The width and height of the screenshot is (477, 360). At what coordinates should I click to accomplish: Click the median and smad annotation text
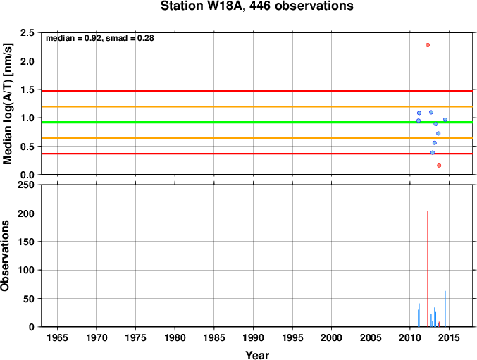click(x=100, y=38)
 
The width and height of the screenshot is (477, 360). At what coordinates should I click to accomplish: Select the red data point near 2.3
click(x=428, y=45)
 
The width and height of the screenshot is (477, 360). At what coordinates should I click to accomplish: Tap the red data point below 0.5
click(x=439, y=166)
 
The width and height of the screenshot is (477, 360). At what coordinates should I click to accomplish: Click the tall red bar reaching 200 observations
click(x=428, y=269)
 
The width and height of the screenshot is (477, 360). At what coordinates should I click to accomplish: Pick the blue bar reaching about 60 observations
click(x=445, y=309)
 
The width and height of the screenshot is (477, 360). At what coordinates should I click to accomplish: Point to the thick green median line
click(x=257, y=122)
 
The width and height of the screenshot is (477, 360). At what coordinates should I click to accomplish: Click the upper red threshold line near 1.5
click(x=257, y=91)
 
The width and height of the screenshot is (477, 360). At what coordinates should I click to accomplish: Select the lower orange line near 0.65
click(x=257, y=138)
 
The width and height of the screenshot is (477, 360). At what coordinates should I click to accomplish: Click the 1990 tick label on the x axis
click(x=253, y=337)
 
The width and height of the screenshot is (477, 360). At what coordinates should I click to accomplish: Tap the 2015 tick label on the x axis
click(x=449, y=337)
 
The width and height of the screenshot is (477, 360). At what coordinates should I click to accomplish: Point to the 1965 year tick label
click(x=57, y=337)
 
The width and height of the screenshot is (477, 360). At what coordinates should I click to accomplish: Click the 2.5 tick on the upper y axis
click(x=27, y=32)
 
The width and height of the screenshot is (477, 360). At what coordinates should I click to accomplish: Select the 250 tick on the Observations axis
click(x=26, y=185)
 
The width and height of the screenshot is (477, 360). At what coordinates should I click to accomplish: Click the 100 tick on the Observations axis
click(x=26, y=270)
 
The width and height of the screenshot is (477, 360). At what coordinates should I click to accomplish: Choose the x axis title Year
click(x=257, y=355)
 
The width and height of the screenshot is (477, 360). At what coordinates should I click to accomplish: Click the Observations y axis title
click(x=5, y=256)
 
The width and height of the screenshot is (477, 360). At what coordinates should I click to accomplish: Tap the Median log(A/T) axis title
click(x=7, y=104)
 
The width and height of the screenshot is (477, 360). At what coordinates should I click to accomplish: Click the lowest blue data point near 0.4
click(x=433, y=153)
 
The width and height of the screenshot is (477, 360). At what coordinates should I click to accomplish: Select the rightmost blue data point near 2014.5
click(x=445, y=120)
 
